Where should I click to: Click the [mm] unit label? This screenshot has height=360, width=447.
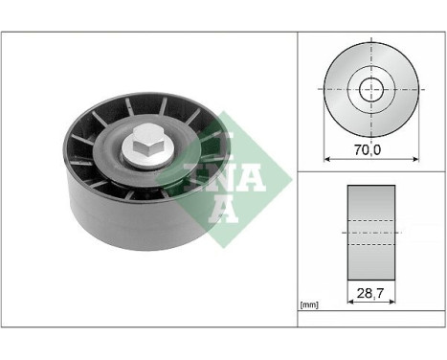(x=309, y=304)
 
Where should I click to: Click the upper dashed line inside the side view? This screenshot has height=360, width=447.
(x=370, y=221)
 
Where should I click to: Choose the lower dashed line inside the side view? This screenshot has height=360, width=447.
(x=370, y=243)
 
